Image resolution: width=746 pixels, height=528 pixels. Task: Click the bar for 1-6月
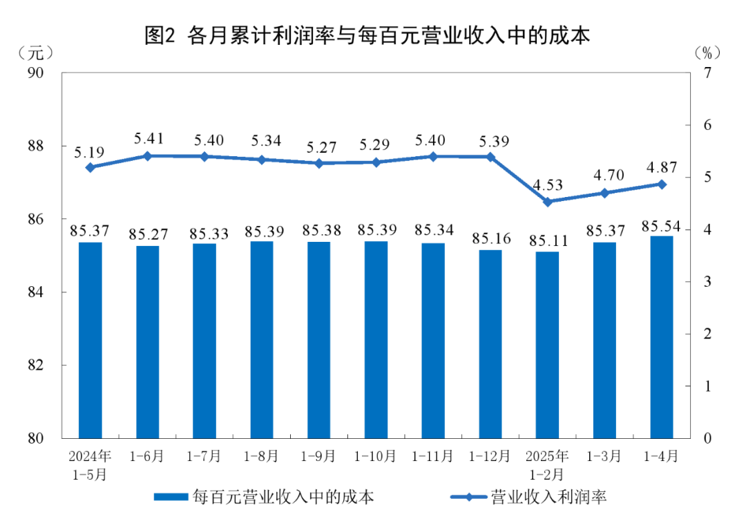(x=147, y=342)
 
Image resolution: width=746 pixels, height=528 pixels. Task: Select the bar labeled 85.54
(x=662, y=337)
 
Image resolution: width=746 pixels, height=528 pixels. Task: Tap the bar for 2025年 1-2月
(x=547, y=345)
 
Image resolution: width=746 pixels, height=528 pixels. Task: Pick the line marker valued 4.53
(x=547, y=202)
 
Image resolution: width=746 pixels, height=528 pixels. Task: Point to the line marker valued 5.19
(x=90, y=167)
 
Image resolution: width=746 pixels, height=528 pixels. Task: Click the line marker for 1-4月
(x=662, y=184)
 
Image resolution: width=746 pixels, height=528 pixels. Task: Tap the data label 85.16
(x=490, y=238)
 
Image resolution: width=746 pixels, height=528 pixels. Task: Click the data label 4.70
(x=604, y=176)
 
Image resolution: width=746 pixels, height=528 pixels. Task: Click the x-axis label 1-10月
(x=376, y=457)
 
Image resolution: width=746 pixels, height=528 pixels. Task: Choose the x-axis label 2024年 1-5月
(x=90, y=465)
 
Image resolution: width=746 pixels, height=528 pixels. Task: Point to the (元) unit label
(x=35, y=52)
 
